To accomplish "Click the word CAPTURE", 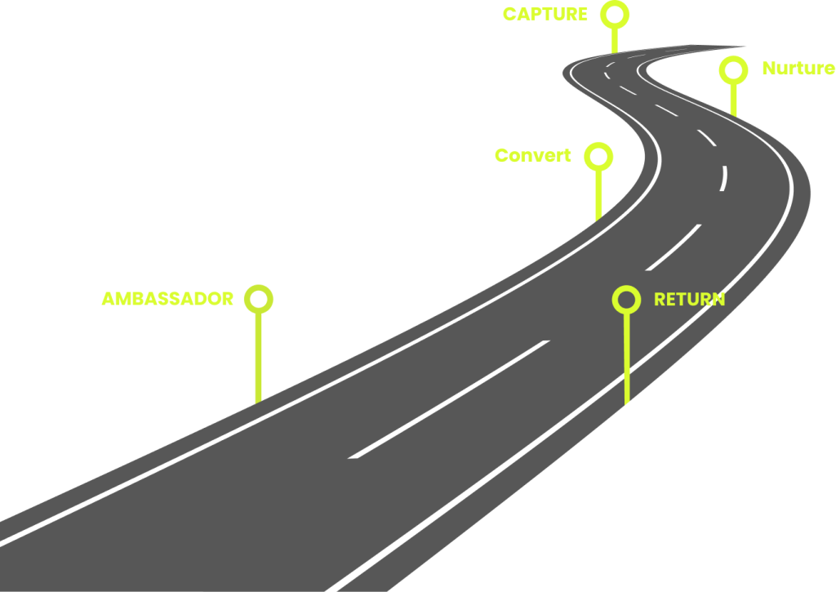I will (x=545, y=14).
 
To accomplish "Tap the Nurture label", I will (x=798, y=69).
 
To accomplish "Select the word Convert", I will (x=532, y=155).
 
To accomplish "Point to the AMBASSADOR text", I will (x=167, y=299).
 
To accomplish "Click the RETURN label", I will (x=689, y=299).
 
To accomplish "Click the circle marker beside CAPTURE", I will (x=615, y=14).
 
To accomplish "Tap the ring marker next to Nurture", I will (x=733, y=69).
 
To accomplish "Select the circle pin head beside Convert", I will (x=598, y=156).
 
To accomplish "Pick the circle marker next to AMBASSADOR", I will (x=259, y=299).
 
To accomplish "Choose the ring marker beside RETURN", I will (x=626, y=299).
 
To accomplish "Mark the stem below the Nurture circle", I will (x=733, y=100).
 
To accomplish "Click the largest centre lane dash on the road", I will (x=449, y=399).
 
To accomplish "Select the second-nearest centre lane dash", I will (x=674, y=247).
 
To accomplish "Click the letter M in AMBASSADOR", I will (x=122, y=299).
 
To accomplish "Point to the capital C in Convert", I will (x=501, y=155).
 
